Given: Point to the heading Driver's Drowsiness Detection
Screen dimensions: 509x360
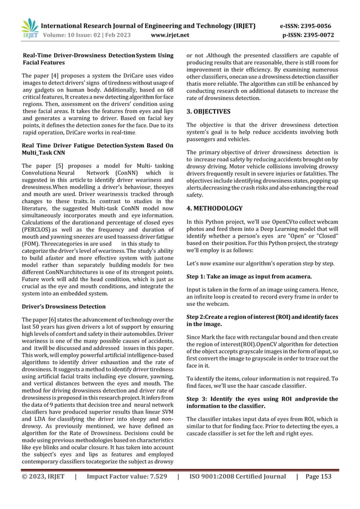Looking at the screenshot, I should (x=63, y=306).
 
